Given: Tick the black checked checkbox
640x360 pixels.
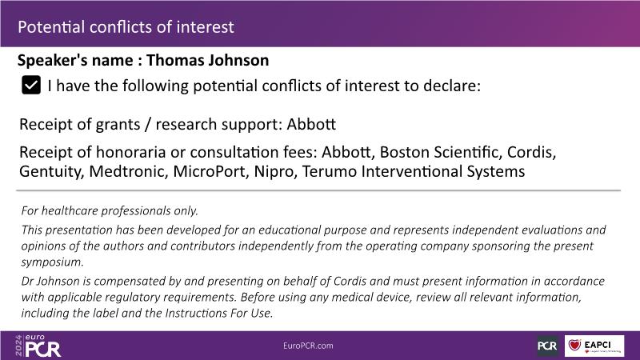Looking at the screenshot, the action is point(31,85).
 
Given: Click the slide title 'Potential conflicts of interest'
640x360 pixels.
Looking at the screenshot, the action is point(126,27).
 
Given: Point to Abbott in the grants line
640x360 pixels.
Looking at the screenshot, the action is point(311,124).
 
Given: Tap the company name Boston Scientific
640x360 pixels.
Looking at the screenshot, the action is point(440,152).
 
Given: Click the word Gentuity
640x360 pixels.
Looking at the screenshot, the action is point(51,172).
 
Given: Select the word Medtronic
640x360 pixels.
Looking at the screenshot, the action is point(129,171).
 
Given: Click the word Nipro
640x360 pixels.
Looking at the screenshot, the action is point(274,172).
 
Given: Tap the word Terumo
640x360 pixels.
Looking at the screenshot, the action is point(330,171).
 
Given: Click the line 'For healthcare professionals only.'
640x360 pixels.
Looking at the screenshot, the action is point(110,210).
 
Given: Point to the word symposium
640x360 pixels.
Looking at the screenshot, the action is point(52,262).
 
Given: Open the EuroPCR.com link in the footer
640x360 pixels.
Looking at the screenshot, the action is point(308,346).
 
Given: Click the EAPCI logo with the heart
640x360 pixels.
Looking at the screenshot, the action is point(594,346).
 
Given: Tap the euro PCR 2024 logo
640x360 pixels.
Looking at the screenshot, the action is point(38,346).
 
